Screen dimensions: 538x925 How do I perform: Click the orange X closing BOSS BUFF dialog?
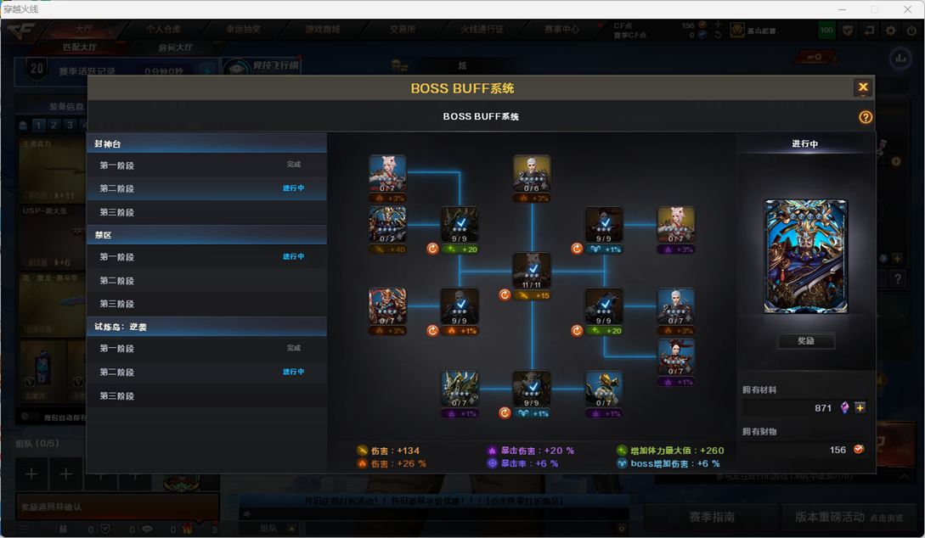(863, 87)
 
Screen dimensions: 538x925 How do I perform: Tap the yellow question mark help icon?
(866, 117)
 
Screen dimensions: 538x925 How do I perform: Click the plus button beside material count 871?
(860, 408)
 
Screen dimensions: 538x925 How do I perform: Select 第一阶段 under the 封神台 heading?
(116, 165)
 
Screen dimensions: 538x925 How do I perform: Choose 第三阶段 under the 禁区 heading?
(116, 304)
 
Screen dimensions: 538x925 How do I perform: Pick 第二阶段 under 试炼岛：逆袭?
(116, 372)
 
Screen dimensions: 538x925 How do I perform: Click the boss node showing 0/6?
(532, 174)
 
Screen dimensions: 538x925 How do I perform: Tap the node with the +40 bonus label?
(387, 226)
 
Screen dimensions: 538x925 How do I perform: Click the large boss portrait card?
(805, 256)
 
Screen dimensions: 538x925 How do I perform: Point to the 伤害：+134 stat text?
(394, 451)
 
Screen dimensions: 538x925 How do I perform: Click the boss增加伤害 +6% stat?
(674, 464)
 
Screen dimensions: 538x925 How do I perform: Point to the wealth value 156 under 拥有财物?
(837, 450)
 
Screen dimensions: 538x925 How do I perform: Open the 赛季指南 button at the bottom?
(712, 516)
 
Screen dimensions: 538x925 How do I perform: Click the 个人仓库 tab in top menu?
(163, 29)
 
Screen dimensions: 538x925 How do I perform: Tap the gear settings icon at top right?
(890, 31)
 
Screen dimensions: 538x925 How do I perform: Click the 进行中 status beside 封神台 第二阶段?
(293, 188)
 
